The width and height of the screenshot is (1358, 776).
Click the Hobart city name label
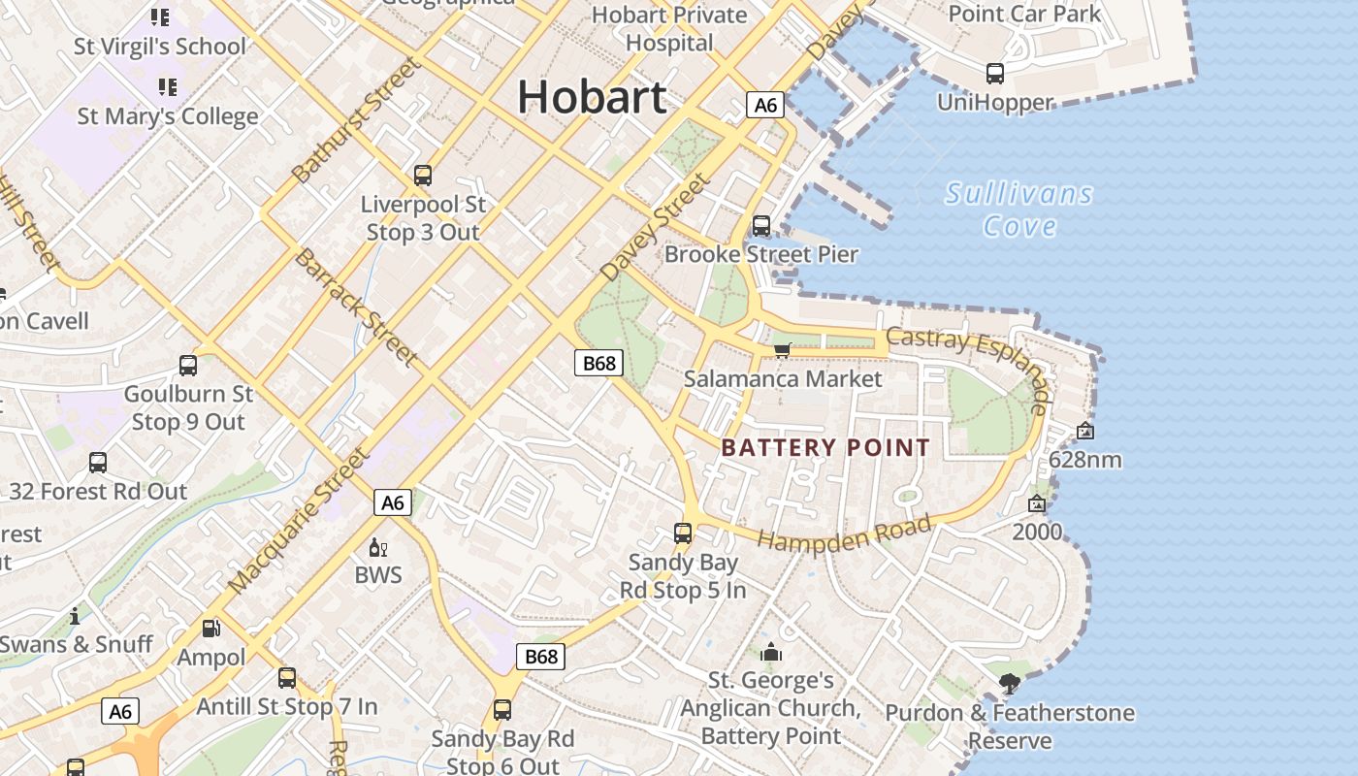pos(592,97)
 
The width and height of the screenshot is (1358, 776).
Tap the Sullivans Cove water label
pos(1018,210)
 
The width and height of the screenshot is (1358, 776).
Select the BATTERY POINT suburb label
pos(825,447)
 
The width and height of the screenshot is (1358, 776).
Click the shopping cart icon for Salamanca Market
pos(782,350)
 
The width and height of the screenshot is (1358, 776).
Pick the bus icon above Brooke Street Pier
pos(761,226)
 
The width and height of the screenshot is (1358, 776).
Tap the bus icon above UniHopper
pos(994,73)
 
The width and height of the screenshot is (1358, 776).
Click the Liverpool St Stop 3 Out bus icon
pos(423,176)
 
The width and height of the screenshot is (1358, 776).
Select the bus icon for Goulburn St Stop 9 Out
pos(188,366)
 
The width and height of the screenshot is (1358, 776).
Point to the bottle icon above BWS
pos(377,548)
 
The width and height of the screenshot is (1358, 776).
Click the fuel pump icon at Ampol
pos(210,629)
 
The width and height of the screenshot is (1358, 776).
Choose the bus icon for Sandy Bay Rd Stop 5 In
pos(683,533)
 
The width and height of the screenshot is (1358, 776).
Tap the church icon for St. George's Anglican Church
pos(771,652)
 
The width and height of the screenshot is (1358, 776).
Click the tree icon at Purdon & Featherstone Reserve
pos(1009,684)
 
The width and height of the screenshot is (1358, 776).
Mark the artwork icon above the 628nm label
pos(1084,431)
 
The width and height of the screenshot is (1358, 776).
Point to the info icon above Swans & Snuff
pos(75,617)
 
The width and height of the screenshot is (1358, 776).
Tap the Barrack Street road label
pos(355,307)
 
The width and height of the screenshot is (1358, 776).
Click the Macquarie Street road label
pos(299,520)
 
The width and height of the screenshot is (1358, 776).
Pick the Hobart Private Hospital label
pos(669,29)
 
